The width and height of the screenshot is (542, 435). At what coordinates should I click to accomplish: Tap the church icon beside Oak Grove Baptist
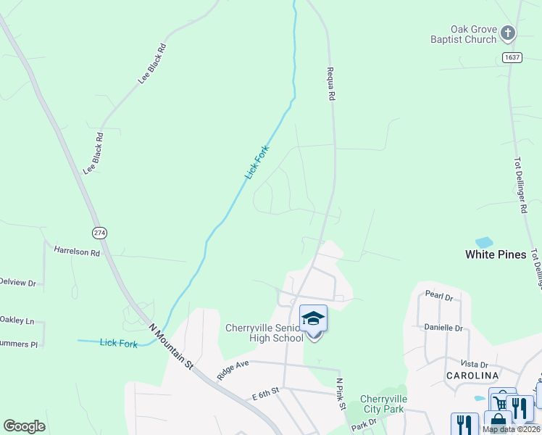coord(508,33)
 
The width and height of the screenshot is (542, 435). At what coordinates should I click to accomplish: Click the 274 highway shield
coord(99,233)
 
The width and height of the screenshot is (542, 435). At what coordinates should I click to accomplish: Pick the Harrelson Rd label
coord(77,251)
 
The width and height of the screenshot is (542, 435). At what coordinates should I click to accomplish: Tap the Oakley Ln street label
coord(17,320)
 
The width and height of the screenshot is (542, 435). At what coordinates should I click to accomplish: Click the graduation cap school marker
coord(313,319)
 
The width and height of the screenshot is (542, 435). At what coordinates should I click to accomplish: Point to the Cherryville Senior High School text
coord(264,333)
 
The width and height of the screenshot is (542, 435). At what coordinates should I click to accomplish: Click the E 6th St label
coord(266,396)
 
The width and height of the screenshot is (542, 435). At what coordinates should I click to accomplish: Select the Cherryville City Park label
coord(383,404)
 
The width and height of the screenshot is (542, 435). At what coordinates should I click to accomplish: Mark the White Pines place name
coord(496,254)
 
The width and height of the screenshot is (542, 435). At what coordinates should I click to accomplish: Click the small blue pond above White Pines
coord(483,241)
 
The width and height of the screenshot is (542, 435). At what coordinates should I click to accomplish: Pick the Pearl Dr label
coord(439,297)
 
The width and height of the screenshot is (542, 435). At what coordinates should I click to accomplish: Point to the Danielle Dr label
coord(443,328)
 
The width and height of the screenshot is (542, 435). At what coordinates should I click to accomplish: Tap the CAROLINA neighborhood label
coord(472,375)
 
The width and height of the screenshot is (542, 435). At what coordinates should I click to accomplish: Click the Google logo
coord(24,426)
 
